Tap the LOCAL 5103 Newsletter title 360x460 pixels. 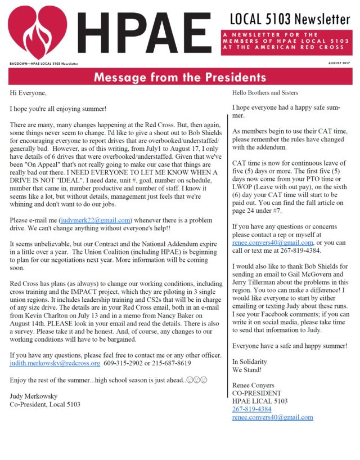coord(290,19)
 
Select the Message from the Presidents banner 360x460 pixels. coord(180,77)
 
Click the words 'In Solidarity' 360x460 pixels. coord(250,361)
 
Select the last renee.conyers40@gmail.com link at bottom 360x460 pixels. coord(272,417)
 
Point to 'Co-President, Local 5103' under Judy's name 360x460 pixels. coord(46,404)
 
